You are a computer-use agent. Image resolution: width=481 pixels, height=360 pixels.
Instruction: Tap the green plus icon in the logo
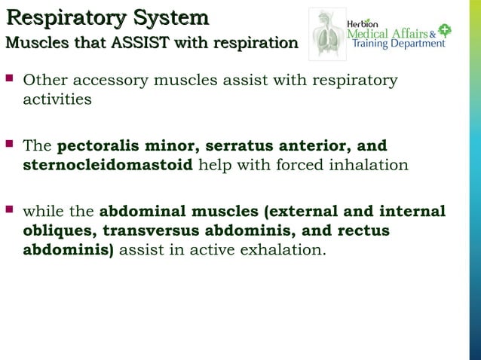tap(445, 31)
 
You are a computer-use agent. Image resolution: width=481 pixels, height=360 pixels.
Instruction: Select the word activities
tap(57, 99)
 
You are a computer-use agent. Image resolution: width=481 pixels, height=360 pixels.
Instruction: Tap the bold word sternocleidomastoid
tap(108, 164)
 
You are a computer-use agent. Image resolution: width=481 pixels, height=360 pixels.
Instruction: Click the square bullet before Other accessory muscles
tap(10, 78)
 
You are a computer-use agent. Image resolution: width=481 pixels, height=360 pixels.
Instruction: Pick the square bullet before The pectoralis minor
tap(10, 144)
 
